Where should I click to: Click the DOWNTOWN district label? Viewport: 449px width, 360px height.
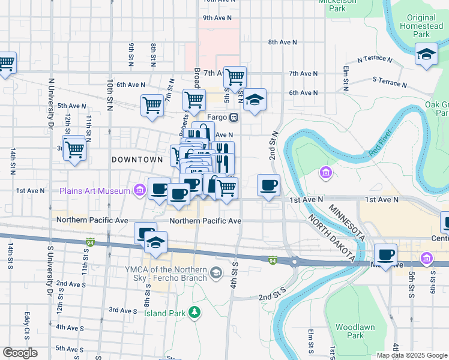(137, 160)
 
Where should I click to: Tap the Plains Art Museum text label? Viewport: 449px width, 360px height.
(95, 191)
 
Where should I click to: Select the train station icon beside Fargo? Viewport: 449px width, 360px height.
(234, 117)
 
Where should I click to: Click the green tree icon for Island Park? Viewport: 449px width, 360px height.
(194, 311)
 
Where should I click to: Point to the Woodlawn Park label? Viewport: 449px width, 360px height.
(349, 331)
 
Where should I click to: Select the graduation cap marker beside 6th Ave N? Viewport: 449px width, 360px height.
(255, 100)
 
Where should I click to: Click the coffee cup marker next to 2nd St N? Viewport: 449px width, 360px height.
(268, 185)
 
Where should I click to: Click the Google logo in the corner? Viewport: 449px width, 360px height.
(19, 353)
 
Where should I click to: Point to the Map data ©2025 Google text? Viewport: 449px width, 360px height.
(412, 355)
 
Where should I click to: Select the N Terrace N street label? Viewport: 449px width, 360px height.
(374, 60)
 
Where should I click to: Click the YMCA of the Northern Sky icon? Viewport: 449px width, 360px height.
(217, 273)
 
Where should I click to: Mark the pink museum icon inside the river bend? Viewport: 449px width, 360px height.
(325, 173)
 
